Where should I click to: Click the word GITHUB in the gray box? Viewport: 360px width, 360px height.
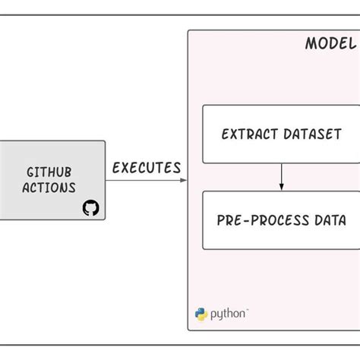pos(50,172)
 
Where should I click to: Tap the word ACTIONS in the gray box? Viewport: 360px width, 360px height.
pos(49,188)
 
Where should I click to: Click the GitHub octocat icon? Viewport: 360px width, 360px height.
pos(90,207)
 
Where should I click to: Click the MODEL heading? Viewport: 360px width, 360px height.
pos(330,43)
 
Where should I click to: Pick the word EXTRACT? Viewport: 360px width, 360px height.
pos(248,134)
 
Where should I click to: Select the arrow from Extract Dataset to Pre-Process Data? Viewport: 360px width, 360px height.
pos(282,177)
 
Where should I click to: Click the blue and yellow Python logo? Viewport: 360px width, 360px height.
pos(201,314)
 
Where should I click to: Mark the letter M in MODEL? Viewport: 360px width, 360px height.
pos(311,43)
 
